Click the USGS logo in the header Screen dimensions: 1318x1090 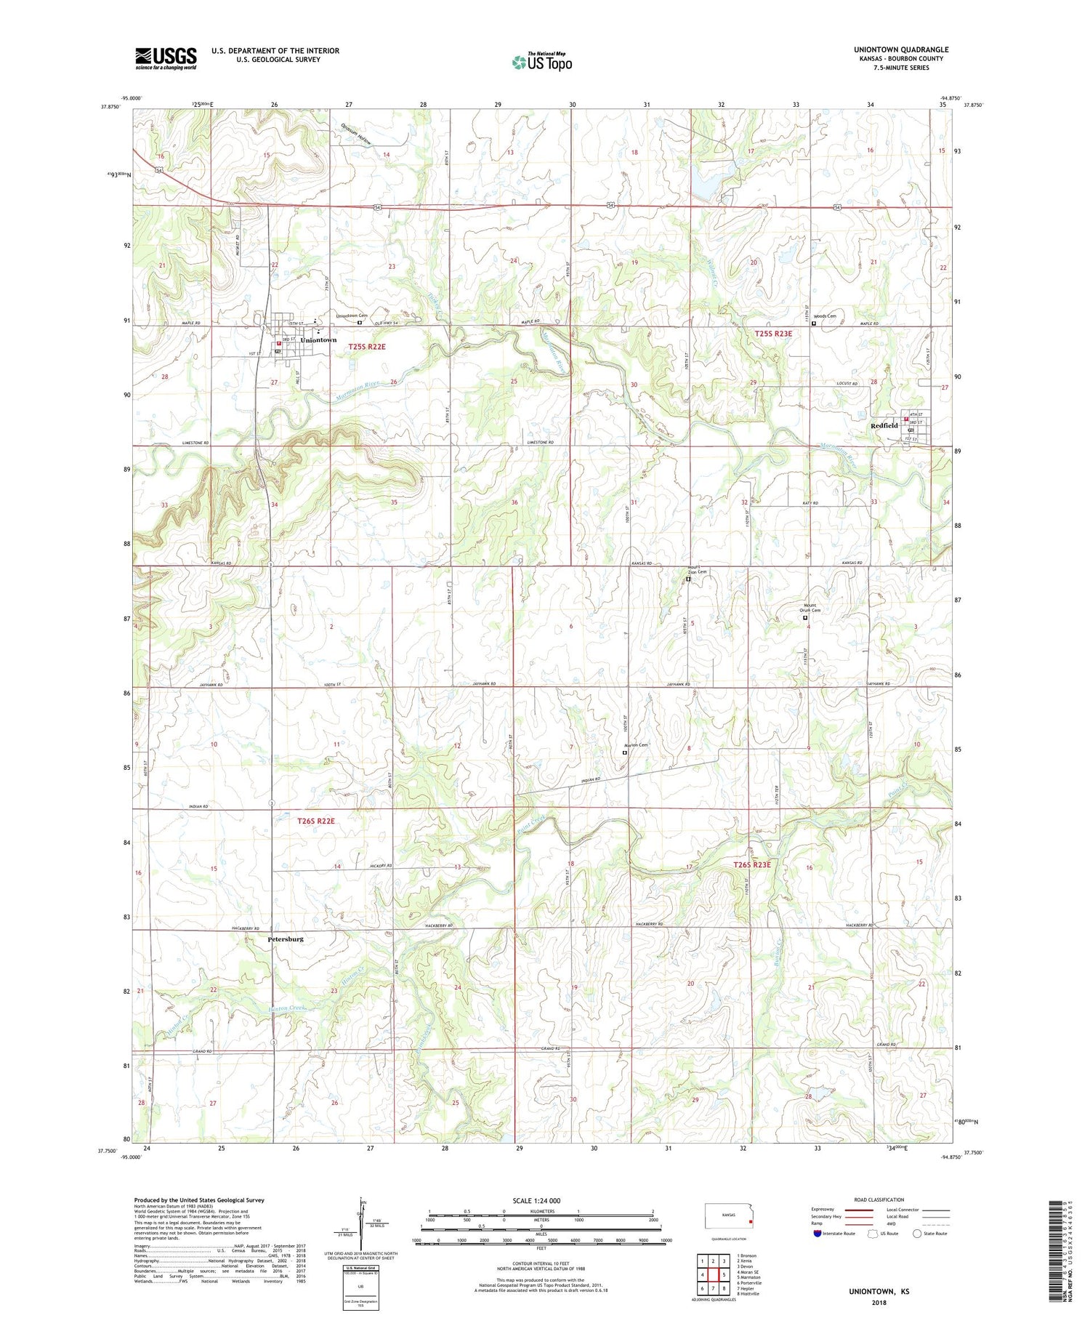(x=166, y=58)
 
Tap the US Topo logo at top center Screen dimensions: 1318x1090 (x=542, y=63)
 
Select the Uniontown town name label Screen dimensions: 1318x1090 (x=318, y=340)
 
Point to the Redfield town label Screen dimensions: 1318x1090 (x=884, y=426)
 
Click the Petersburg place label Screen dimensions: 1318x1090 (x=286, y=939)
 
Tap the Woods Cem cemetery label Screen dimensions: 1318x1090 (x=825, y=316)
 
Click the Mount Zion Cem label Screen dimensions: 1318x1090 (x=697, y=569)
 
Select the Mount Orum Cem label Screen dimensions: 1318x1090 (x=810, y=608)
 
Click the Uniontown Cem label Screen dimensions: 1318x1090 (x=351, y=316)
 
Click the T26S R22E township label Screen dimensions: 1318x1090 (x=316, y=821)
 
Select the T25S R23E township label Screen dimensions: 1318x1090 (x=772, y=334)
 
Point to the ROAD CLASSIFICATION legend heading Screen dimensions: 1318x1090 (x=879, y=1200)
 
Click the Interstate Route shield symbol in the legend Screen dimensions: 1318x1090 (x=817, y=1234)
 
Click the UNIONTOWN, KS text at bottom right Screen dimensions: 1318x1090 (x=879, y=1291)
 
